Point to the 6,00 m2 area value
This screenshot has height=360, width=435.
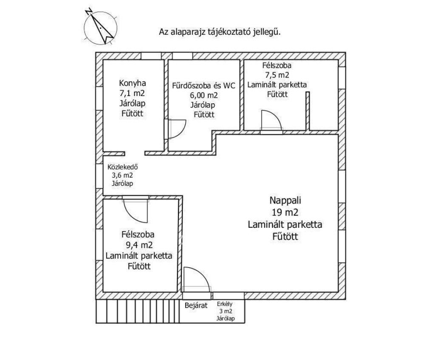pos(204,95)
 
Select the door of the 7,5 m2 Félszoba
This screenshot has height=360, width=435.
pos(271,120)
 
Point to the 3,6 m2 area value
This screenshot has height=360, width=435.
pos(122,176)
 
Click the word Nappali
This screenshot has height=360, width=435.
pos(285,201)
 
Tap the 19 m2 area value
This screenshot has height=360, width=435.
pos(285,213)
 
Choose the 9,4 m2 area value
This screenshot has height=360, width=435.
pos(138,244)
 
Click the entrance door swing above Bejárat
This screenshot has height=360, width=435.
pos(197,278)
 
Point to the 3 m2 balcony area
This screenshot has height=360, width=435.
pos(224,312)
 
